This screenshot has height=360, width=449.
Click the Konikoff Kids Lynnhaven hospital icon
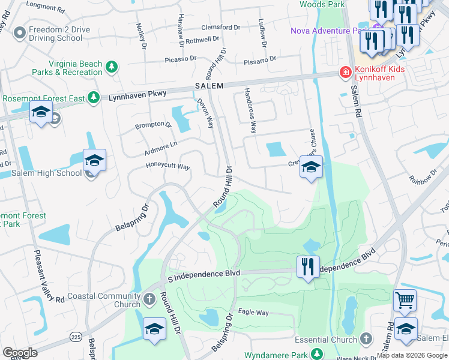[345, 73]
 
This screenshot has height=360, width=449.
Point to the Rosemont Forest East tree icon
[92, 97]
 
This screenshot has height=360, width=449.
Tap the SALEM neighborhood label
[209, 86]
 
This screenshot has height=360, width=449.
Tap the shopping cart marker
[405, 299]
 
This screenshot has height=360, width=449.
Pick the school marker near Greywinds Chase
[311, 167]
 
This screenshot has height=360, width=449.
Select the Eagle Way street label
[253, 313]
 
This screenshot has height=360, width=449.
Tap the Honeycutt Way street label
[167, 166]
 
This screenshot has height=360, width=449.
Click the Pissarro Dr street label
[260, 59]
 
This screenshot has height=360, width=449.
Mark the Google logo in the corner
[20, 353]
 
